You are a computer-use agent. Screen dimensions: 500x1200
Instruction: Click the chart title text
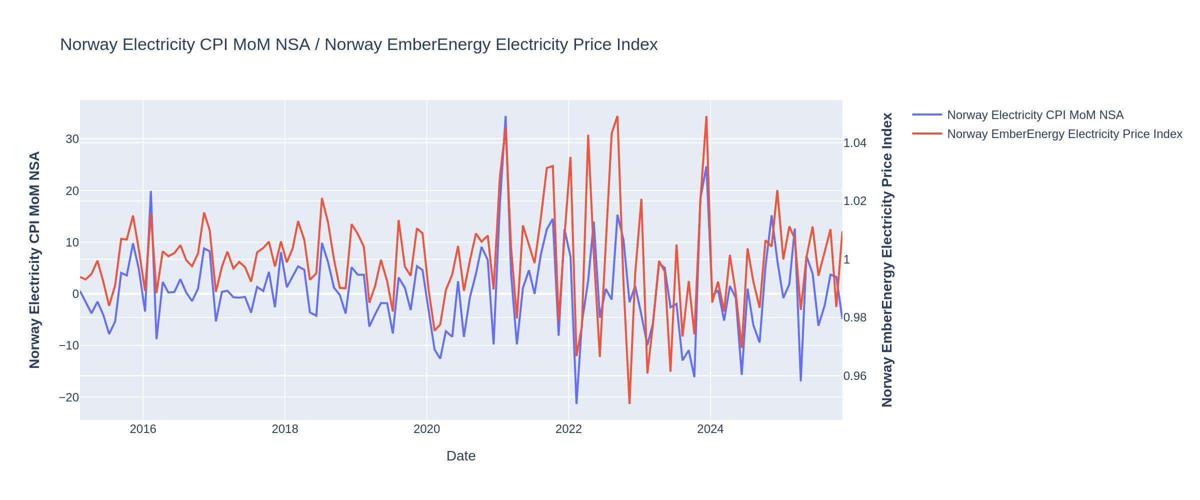coord(358,44)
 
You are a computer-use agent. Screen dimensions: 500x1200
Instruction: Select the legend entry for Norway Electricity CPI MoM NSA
coord(1035,115)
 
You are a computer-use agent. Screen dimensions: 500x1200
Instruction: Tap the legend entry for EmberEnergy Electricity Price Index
coord(1064,134)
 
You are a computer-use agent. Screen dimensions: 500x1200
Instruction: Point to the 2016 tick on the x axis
coord(143,429)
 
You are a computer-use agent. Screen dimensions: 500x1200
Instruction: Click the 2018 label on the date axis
coord(285,429)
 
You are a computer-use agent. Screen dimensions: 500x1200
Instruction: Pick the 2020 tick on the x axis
coord(426,429)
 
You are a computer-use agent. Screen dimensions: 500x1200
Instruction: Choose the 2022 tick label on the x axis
coord(568,429)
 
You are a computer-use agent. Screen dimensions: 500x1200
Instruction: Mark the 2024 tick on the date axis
coord(710,429)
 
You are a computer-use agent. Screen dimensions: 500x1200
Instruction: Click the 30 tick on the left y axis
coord(72,139)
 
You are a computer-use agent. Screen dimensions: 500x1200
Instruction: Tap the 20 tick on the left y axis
coord(72,191)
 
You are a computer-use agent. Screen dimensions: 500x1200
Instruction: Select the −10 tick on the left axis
coord(69,345)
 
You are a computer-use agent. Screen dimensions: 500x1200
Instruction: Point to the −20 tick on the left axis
coord(69,397)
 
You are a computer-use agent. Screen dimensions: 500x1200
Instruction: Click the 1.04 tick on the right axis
coord(855,143)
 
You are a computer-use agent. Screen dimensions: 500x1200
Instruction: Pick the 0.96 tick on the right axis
coord(855,376)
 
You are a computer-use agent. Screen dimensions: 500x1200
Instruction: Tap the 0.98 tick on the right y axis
coord(855,318)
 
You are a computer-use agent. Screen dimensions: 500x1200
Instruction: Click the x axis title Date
coord(460,456)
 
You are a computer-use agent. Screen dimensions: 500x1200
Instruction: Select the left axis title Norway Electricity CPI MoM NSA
coord(34,260)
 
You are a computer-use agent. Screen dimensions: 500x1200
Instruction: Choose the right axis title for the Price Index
coord(887,260)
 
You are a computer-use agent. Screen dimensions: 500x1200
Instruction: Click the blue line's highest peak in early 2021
coord(505,116)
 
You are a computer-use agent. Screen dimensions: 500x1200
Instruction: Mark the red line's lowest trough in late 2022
coord(629,403)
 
